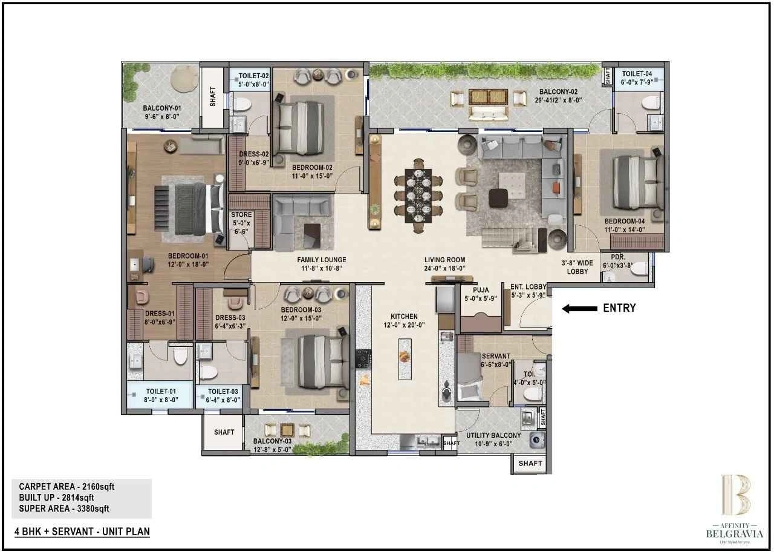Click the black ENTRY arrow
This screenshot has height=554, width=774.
pyautogui.click(x=579, y=309)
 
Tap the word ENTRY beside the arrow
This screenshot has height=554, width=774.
pyautogui.click(x=619, y=308)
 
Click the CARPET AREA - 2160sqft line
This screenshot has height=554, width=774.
pyautogui.click(x=67, y=486)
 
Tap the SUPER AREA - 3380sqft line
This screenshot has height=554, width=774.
pyautogui.click(x=64, y=509)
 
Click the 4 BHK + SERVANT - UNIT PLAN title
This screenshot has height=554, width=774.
pyautogui.click(x=82, y=532)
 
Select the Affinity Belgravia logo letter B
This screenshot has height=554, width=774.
pyautogui.click(x=735, y=495)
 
